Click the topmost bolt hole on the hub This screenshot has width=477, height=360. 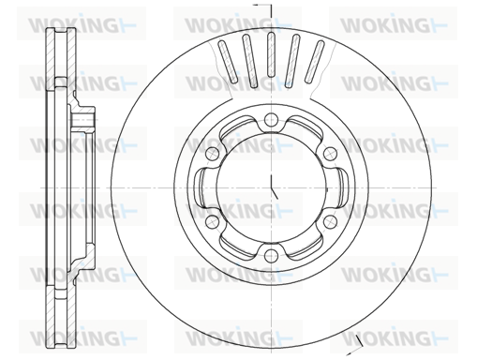tap(271, 119)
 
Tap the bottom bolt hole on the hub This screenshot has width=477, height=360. tap(271, 256)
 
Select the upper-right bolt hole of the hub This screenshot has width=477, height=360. tap(330, 154)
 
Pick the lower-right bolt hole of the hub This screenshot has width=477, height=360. tap(330, 221)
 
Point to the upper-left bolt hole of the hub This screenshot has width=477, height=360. tap(212, 154)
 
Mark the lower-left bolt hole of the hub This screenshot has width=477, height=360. tap(212, 221)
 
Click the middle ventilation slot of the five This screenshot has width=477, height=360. tap(271, 54)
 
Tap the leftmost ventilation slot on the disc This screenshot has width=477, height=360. tap(228, 62)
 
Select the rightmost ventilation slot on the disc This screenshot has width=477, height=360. tap(315, 62)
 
